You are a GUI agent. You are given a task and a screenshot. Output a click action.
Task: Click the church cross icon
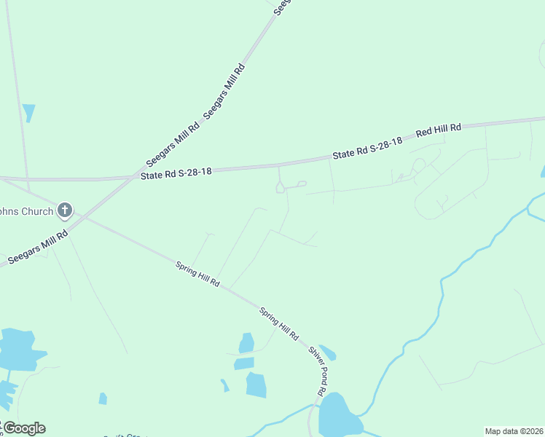point(64,211)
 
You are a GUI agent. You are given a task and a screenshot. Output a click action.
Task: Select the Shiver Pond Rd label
point(317,371)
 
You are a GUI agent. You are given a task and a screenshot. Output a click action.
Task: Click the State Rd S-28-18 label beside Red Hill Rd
point(368,149)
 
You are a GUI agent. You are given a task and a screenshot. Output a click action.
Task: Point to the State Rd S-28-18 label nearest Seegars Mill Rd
point(176,173)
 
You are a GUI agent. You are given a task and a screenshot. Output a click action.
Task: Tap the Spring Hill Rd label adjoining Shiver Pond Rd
point(279,324)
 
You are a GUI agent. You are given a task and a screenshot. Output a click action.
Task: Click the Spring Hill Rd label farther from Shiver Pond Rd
point(197,274)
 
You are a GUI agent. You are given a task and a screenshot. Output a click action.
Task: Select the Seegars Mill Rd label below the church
point(37,248)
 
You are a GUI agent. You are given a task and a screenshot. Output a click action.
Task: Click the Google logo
point(23,428)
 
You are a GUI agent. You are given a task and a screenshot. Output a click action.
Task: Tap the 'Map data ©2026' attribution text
point(514,430)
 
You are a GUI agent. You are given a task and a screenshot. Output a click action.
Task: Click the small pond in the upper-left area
point(28,112)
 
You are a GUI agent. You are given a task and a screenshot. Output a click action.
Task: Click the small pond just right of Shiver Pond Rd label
point(328,353)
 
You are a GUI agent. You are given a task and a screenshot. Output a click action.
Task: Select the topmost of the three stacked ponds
point(247,342)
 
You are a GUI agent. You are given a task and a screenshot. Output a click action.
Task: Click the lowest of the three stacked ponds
point(256,385)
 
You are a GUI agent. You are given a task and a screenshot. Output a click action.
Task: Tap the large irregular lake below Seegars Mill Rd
point(18,350)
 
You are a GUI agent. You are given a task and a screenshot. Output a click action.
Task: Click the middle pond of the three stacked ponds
point(245,363)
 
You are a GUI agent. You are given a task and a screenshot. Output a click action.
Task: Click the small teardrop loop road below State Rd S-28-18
point(280,188)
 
